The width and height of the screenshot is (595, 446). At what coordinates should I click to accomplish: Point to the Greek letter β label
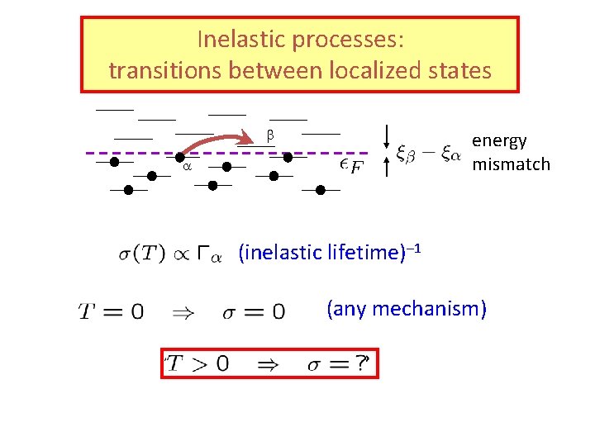coord(269,134)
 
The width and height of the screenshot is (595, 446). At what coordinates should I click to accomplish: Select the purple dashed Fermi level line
coord(314,153)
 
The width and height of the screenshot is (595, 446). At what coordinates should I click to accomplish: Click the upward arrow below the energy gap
coord(388,169)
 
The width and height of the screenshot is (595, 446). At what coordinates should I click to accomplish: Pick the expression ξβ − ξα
coord(428,154)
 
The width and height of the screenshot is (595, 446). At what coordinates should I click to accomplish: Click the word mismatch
coord(511,164)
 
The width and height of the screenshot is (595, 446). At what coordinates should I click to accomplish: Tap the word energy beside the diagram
coord(499,141)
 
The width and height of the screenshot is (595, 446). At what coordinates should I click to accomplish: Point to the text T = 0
coord(111,311)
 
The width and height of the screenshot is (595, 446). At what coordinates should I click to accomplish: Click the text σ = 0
coord(254,312)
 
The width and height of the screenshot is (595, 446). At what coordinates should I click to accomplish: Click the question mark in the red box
coord(361,363)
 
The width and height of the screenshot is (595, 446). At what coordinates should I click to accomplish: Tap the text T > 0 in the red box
coord(198,363)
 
